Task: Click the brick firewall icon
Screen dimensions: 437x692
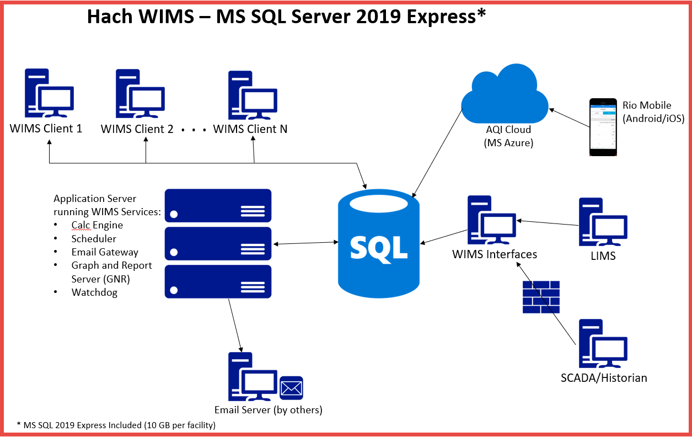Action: click(x=541, y=297)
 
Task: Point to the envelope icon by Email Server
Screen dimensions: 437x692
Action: click(x=291, y=388)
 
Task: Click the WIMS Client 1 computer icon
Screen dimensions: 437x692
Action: click(x=49, y=93)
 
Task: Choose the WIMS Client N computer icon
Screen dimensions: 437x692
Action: click(x=253, y=94)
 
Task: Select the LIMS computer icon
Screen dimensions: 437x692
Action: click(x=603, y=222)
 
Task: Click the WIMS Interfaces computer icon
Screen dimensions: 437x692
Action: click(x=491, y=220)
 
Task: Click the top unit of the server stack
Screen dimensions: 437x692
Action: click(x=218, y=205)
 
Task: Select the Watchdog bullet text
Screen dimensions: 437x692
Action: click(x=94, y=292)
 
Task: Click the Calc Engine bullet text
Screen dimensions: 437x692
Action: click(x=97, y=225)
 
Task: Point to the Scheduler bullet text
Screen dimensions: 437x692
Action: click(x=94, y=239)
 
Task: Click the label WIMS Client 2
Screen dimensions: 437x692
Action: click(x=137, y=129)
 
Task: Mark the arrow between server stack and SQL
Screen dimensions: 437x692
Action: click(x=305, y=243)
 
